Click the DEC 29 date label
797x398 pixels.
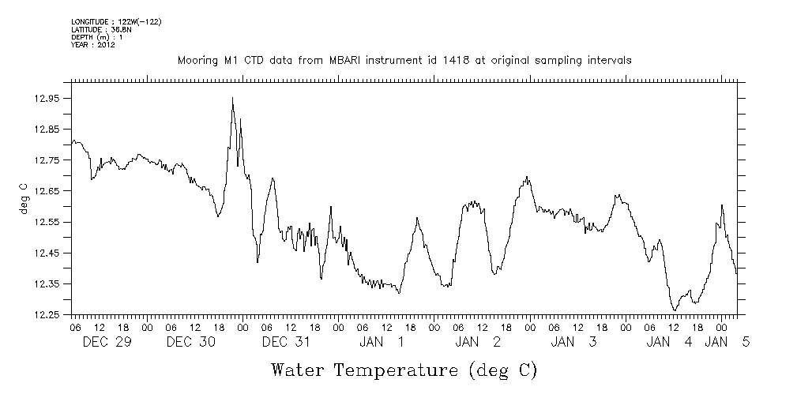[x=106, y=342]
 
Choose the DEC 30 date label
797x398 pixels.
[x=191, y=342]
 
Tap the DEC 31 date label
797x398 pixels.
[x=285, y=342]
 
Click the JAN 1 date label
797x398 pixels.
[x=382, y=342]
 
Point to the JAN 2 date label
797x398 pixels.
[x=478, y=342]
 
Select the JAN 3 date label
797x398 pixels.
[x=573, y=342]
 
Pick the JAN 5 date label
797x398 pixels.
[x=727, y=342]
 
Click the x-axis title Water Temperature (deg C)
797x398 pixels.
[x=404, y=370]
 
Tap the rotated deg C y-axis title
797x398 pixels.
[x=24, y=198]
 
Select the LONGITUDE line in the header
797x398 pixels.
[x=116, y=21]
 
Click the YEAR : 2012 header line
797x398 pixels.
[x=93, y=45]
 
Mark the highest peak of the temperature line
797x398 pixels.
[x=232, y=98]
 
